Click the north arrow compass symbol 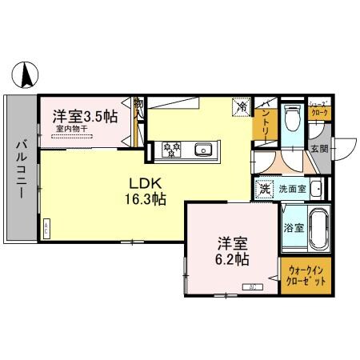[26, 75]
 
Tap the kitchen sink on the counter [203, 149]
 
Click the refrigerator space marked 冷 [240, 106]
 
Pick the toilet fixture [293, 118]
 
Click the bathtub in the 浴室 [317, 226]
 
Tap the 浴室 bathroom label [293, 227]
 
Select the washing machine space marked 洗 [264, 190]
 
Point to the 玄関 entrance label [318, 149]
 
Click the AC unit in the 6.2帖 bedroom [253, 286]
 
